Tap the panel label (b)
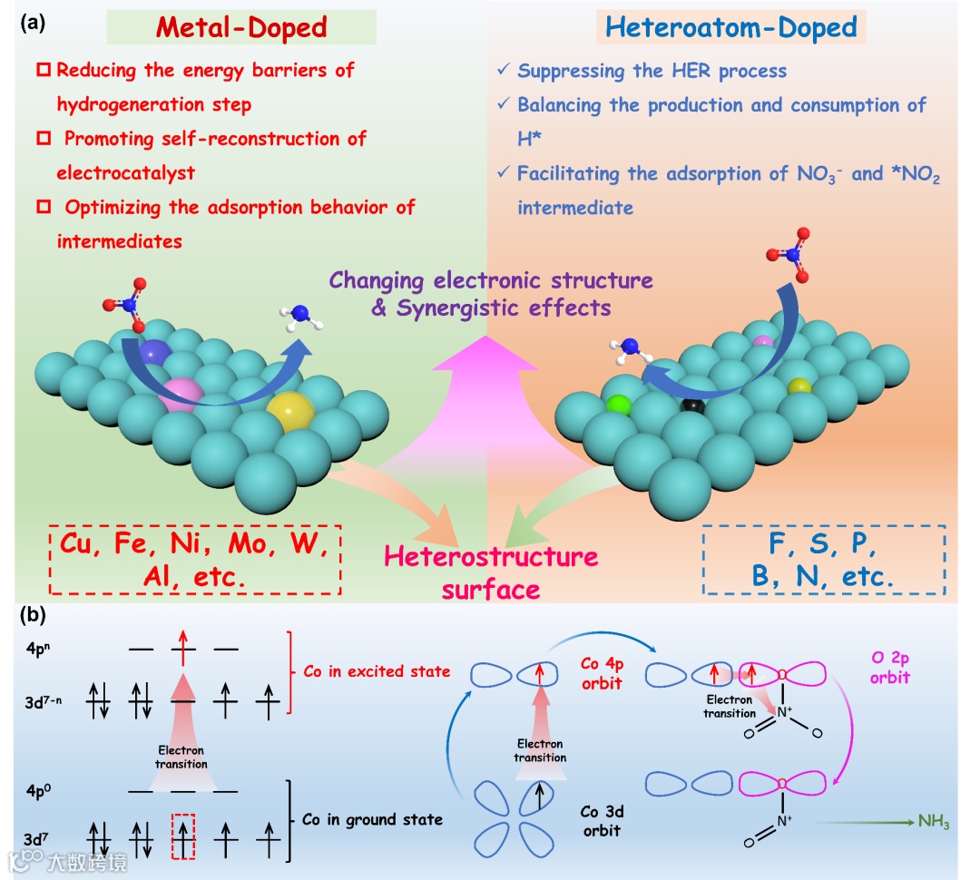pyautogui.click(x=34, y=616)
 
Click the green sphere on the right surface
pyautogui.click(x=619, y=404)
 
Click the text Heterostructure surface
pyautogui.click(x=491, y=572)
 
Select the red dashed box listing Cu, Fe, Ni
pyautogui.click(x=196, y=560)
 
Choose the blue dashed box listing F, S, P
pyautogui.click(x=824, y=560)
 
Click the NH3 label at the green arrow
pyautogui.click(x=933, y=822)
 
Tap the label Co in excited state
pyautogui.click(x=377, y=671)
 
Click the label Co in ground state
pyautogui.click(x=372, y=819)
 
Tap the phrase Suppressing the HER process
pyautogui.click(x=652, y=71)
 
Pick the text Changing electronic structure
pyautogui.click(x=491, y=279)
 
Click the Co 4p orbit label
pyautogui.click(x=603, y=672)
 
